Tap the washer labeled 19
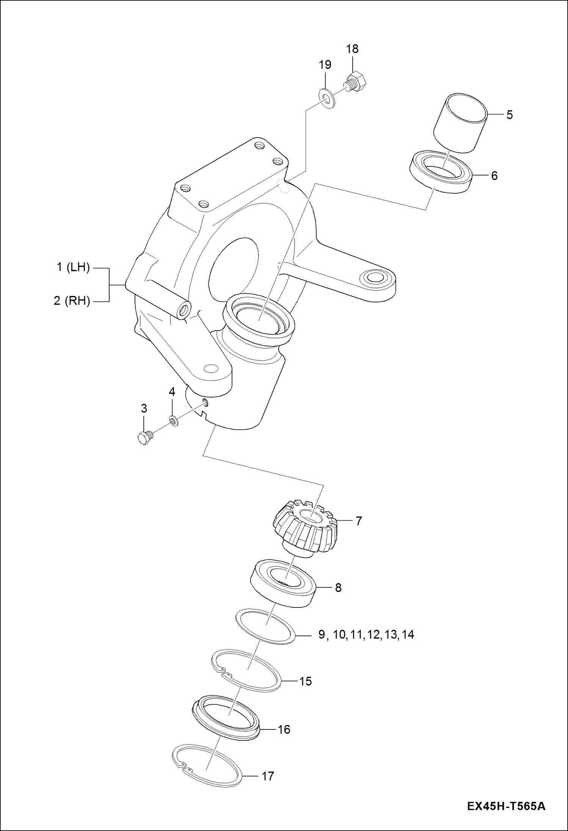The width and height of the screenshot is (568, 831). click(x=327, y=98)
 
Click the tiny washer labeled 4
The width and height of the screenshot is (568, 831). click(x=173, y=420)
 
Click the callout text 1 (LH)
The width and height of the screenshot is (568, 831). click(x=73, y=268)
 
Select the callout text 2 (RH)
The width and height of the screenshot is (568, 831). click(x=72, y=301)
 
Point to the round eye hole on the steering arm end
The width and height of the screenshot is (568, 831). click(x=375, y=277)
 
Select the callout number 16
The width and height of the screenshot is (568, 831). click(x=284, y=729)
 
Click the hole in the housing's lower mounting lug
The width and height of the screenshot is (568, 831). click(x=211, y=368)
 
